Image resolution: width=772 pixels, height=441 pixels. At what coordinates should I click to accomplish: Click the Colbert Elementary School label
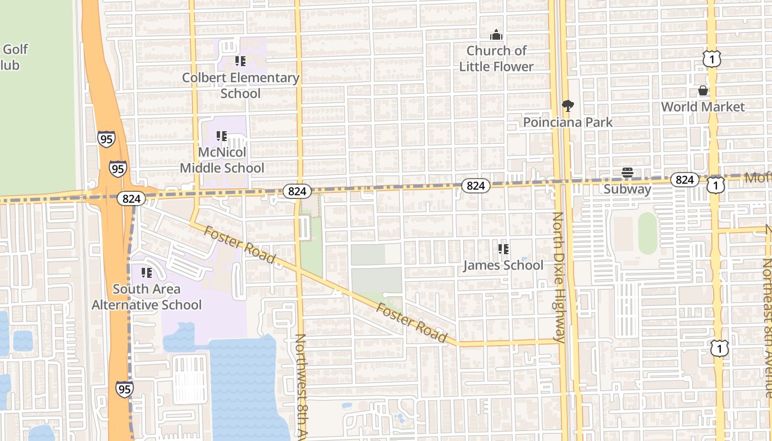[x=240, y=85]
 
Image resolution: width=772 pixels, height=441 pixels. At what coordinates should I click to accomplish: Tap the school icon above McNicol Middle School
[x=222, y=136]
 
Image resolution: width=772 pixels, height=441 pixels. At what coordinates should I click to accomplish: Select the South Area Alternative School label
[x=147, y=297]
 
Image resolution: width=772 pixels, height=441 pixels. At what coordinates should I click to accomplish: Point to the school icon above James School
[x=503, y=249]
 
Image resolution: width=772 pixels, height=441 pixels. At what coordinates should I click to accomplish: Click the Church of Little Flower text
[x=496, y=58]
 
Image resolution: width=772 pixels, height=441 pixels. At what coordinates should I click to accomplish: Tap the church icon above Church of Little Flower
[x=496, y=35]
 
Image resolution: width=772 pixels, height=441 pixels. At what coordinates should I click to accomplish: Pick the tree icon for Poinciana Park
[x=567, y=106]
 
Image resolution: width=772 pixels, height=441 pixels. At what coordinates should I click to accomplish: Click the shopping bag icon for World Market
[x=703, y=90]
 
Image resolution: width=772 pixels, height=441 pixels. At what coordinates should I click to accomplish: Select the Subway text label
[x=627, y=189]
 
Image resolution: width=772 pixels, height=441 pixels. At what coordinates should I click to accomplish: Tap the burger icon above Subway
[x=627, y=173]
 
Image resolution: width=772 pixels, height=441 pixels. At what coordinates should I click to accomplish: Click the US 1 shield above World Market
[x=712, y=58]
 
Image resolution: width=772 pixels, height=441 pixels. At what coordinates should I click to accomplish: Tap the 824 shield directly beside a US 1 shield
[x=684, y=180]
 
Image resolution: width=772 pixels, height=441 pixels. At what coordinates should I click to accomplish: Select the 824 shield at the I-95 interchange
[x=131, y=198]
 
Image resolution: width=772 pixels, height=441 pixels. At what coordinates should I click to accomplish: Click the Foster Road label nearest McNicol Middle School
[x=239, y=244]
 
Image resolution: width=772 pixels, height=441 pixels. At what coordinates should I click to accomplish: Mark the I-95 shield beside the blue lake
[x=124, y=389]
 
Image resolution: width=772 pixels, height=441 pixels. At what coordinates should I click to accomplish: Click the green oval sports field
[x=647, y=233]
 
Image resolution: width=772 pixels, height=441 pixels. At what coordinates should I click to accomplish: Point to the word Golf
[x=15, y=49]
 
